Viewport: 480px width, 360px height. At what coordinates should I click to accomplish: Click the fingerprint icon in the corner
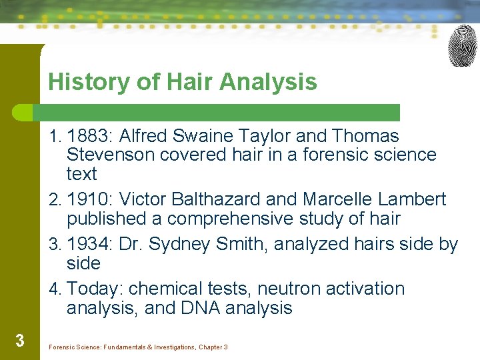463,46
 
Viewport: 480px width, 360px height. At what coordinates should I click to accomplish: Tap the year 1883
90,136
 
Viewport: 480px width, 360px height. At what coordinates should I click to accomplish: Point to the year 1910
90,199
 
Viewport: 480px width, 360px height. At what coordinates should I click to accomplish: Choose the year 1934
90,245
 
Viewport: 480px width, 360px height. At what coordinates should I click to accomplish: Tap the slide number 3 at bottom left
19,341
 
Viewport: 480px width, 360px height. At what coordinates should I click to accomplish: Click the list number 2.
54,200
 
